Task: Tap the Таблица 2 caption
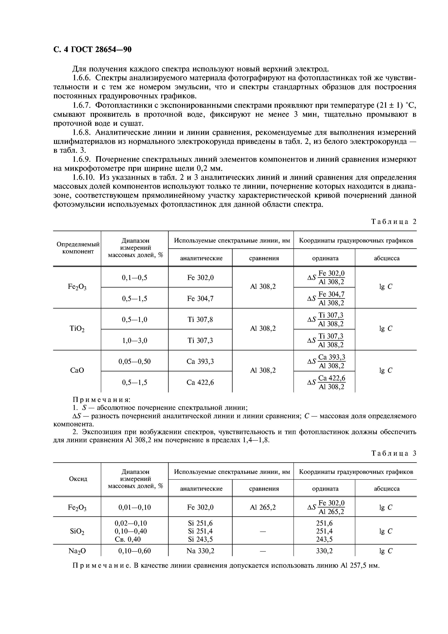click(x=393, y=222)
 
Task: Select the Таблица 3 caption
click(x=393, y=453)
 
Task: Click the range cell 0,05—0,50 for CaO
click(x=134, y=361)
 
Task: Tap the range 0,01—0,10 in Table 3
click(x=134, y=507)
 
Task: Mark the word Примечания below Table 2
click(x=101, y=400)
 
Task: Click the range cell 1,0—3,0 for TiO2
click(x=134, y=340)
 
